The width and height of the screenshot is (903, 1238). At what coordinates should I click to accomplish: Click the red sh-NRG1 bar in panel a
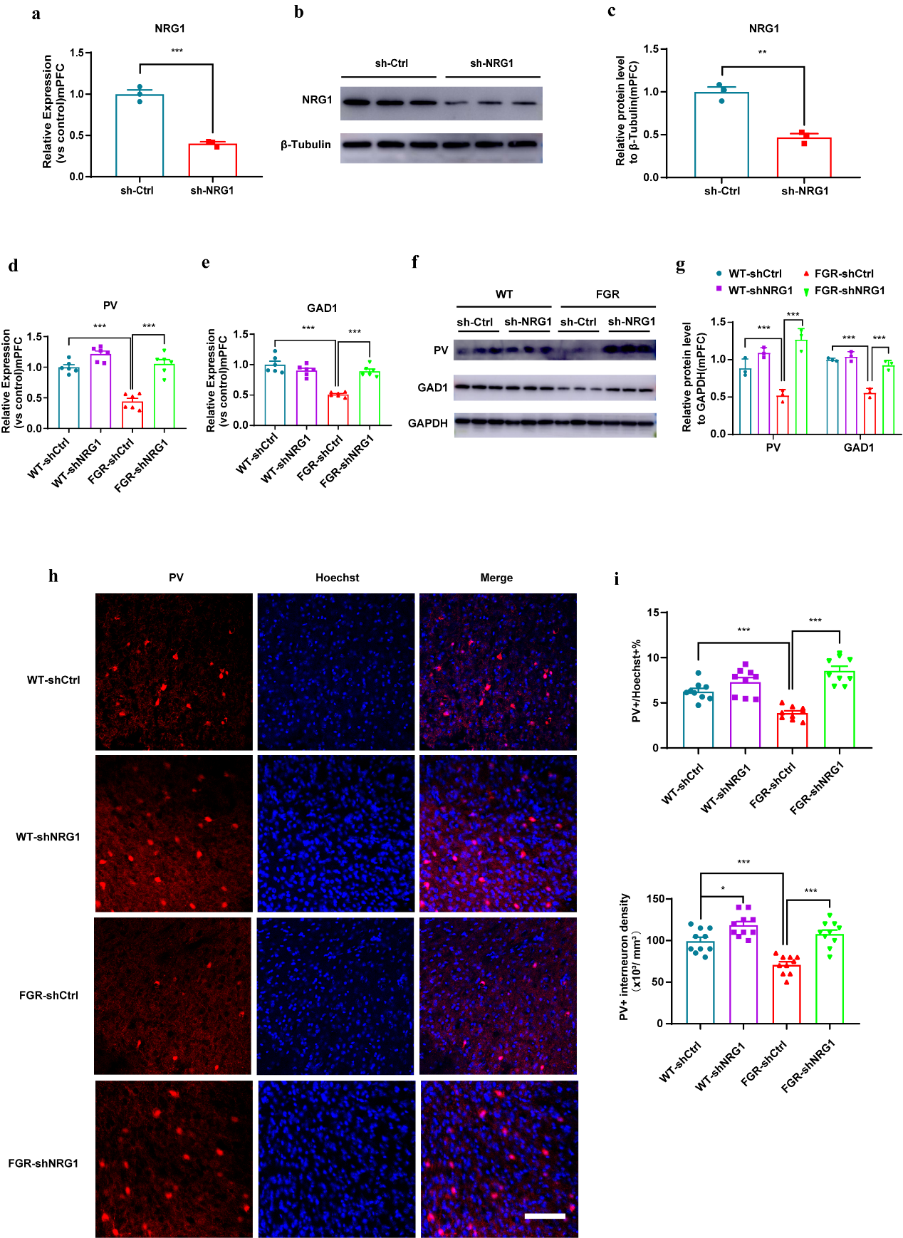(x=212, y=160)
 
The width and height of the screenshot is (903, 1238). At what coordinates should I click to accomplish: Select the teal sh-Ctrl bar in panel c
(x=721, y=135)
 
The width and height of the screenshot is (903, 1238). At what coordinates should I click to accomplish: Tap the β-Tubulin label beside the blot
(x=306, y=145)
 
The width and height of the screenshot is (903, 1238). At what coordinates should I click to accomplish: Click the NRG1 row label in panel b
(x=317, y=100)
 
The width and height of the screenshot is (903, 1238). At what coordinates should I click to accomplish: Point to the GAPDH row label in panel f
(x=427, y=423)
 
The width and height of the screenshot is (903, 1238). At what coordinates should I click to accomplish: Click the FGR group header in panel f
(x=607, y=294)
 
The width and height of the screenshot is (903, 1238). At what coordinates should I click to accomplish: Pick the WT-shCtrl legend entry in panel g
(x=754, y=274)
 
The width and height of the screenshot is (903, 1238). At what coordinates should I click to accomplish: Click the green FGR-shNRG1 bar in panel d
(x=165, y=396)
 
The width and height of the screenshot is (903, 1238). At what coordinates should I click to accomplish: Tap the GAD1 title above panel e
(x=322, y=308)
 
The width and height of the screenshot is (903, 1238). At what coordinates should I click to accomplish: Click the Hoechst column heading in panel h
(x=337, y=578)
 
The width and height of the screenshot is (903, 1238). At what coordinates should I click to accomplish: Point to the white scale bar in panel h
(x=545, y=1216)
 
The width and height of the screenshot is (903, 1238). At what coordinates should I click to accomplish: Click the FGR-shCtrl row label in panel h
(x=48, y=995)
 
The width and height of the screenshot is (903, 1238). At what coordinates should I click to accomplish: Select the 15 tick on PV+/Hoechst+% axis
(x=652, y=613)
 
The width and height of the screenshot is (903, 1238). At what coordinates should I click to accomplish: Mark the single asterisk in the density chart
(x=723, y=889)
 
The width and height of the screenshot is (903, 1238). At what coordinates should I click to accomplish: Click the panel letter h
(x=53, y=576)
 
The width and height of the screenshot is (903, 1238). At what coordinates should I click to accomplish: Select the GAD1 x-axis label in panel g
(x=858, y=447)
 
